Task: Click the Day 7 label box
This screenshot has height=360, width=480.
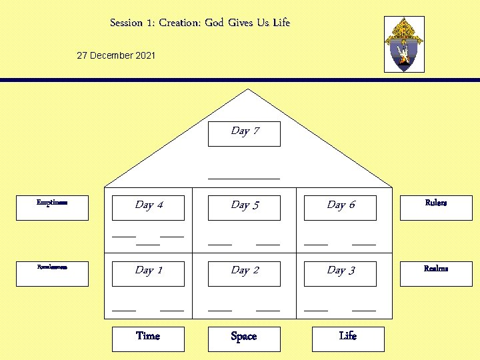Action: (244, 133)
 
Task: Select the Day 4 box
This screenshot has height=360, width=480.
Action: (148, 207)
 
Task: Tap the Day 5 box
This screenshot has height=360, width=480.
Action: (244, 207)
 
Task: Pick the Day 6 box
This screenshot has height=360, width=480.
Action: (340, 207)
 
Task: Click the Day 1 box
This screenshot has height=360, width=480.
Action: (148, 273)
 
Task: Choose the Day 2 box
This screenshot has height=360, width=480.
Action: (244, 273)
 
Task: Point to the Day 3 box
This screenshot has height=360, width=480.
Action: (340, 273)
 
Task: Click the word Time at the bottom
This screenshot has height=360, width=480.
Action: (148, 336)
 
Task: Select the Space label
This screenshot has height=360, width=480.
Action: (244, 337)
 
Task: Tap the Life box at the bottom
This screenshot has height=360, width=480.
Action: (348, 337)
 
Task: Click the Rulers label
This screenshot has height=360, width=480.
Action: (436, 203)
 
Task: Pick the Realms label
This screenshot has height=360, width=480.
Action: (436, 269)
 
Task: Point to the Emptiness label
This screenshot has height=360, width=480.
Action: (52, 202)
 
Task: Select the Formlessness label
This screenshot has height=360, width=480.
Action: (52, 267)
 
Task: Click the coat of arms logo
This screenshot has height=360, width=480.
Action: (404, 45)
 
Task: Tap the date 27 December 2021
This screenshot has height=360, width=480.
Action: (116, 55)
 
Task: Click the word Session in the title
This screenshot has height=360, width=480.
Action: (127, 23)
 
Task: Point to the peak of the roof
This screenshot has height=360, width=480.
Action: (244, 89)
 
